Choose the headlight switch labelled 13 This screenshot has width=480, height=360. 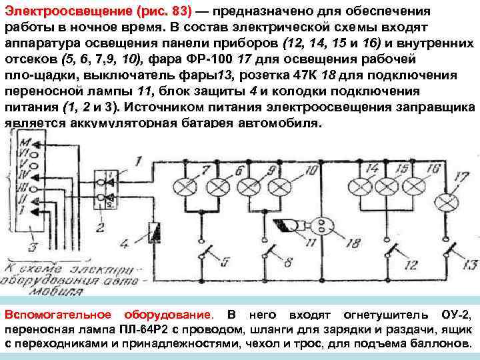451,251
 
